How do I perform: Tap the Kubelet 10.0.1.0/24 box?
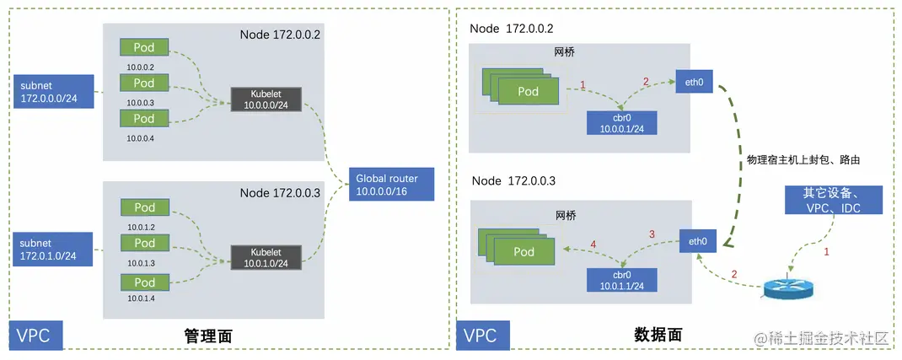point(266,258)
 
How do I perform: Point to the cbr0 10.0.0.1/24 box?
point(622,122)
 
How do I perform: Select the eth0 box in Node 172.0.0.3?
point(697,242)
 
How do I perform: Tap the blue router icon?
point(788,287)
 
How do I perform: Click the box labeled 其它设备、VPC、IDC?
point(832,199)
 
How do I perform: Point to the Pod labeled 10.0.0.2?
point(144,47)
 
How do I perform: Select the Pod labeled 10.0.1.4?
point(144,282)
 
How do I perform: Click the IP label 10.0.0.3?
point(141,102)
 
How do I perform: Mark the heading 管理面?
point(207,336)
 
